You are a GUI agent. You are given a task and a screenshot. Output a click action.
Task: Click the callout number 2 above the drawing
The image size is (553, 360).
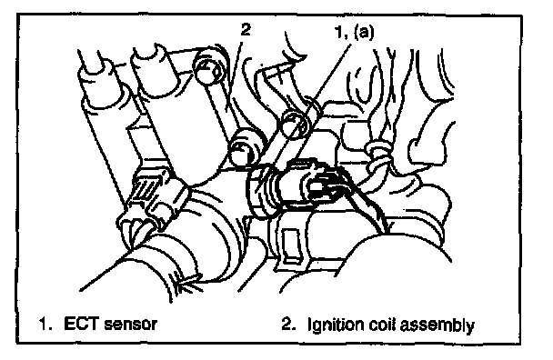point(246,29)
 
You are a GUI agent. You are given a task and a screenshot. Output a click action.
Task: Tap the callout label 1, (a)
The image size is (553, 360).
point(354,32)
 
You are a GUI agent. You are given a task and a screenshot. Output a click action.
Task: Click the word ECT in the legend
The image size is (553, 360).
point(82,324)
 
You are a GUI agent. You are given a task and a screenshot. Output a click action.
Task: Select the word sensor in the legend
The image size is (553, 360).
point(130,325)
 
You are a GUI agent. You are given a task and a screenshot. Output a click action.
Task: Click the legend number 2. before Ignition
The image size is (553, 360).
point(288,324)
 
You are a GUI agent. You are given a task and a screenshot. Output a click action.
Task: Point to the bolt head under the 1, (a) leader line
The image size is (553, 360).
point(297,125)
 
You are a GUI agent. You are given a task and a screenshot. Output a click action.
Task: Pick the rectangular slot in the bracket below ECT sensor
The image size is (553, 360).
point(292,245)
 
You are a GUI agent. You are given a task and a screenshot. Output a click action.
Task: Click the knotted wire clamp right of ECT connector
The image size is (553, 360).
point(378,159)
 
